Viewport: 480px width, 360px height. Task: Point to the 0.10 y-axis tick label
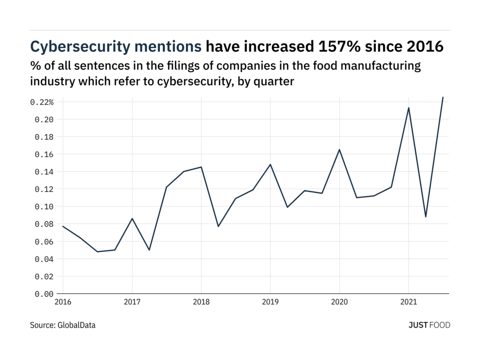point(44,206)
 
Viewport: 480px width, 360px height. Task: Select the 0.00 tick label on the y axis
point(44,293)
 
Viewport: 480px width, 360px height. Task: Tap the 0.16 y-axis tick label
point(44,154)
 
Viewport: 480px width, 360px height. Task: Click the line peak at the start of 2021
point(408,108)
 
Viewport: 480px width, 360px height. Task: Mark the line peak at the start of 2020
point(339,149)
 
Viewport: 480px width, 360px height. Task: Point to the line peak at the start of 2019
point(270,164)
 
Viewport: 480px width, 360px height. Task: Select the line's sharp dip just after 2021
point(425,217)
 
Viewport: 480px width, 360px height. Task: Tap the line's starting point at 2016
point(63,226)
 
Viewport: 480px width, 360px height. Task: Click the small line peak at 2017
point(132,218)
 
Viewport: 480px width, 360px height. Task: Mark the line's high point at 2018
point(201,167)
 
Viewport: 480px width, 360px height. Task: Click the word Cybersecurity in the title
point(79,46)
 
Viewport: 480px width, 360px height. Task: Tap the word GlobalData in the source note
point(77,325)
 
